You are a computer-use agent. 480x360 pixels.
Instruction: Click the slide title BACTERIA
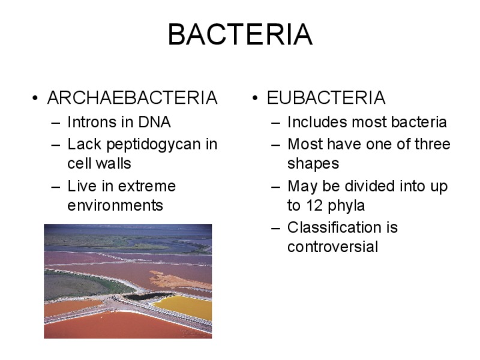[x=239, y=35]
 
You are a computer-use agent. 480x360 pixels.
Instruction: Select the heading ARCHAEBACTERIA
[x=132, y=98]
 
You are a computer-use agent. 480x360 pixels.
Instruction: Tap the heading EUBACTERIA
[x=326, y=98]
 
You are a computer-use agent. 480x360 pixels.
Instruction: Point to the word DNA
[x=154, y=122]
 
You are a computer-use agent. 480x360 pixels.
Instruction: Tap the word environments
[x=115, y=206]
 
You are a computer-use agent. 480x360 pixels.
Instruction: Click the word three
[x=431, y=145]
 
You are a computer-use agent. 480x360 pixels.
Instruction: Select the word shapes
[x=313, y=164]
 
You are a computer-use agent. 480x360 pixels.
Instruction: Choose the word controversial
[x=332, y=247]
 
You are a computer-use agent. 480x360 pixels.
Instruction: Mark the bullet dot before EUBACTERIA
[x=256, y=98]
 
